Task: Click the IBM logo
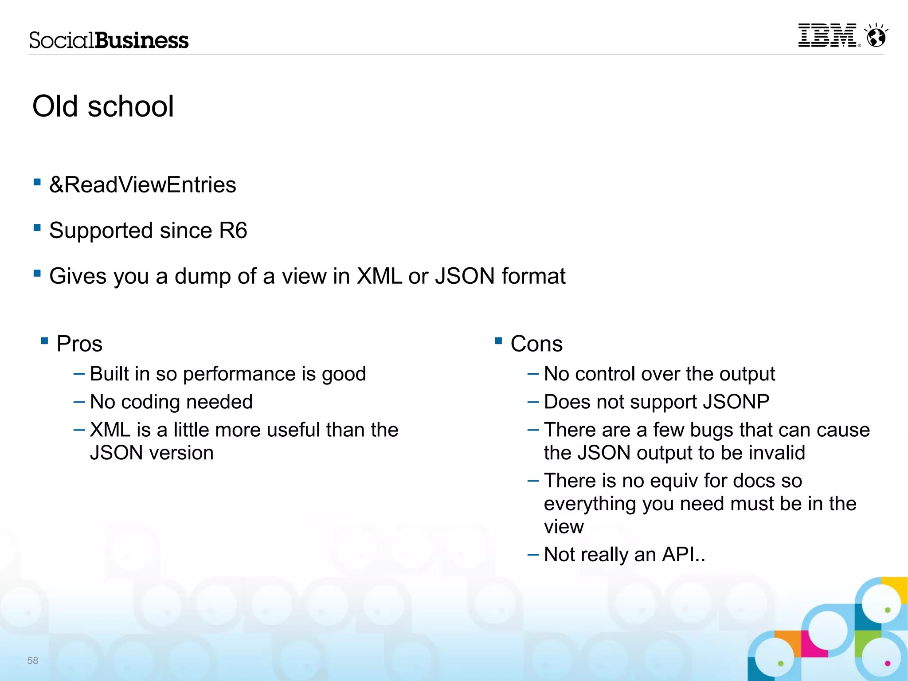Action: pos(827,35)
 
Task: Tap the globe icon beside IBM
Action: pos(876,36)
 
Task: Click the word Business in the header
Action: pos(142,40)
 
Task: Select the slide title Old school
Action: pos(103,106)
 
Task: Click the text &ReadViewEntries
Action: pos(142,185)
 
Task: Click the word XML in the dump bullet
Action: pos(380,276)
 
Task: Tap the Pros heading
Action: pos(79,344)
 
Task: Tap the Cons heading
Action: pos(536,344)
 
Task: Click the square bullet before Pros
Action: pos(44,341)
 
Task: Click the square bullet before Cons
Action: pos(498,341)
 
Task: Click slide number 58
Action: pos(33,661)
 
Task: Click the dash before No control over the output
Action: pos(532,374)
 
